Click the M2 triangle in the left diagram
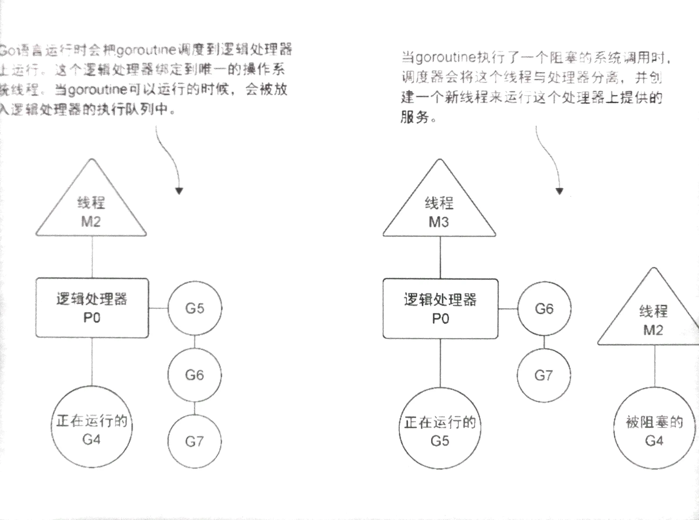91,211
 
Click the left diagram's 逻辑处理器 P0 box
92,308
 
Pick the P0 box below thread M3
440,309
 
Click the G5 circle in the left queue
195,308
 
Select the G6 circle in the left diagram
195,375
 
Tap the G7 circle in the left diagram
195,441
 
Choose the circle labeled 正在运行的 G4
91,427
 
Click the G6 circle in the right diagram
544,309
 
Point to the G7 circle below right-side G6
543,375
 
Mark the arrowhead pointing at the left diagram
179,191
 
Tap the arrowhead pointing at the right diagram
559,191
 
